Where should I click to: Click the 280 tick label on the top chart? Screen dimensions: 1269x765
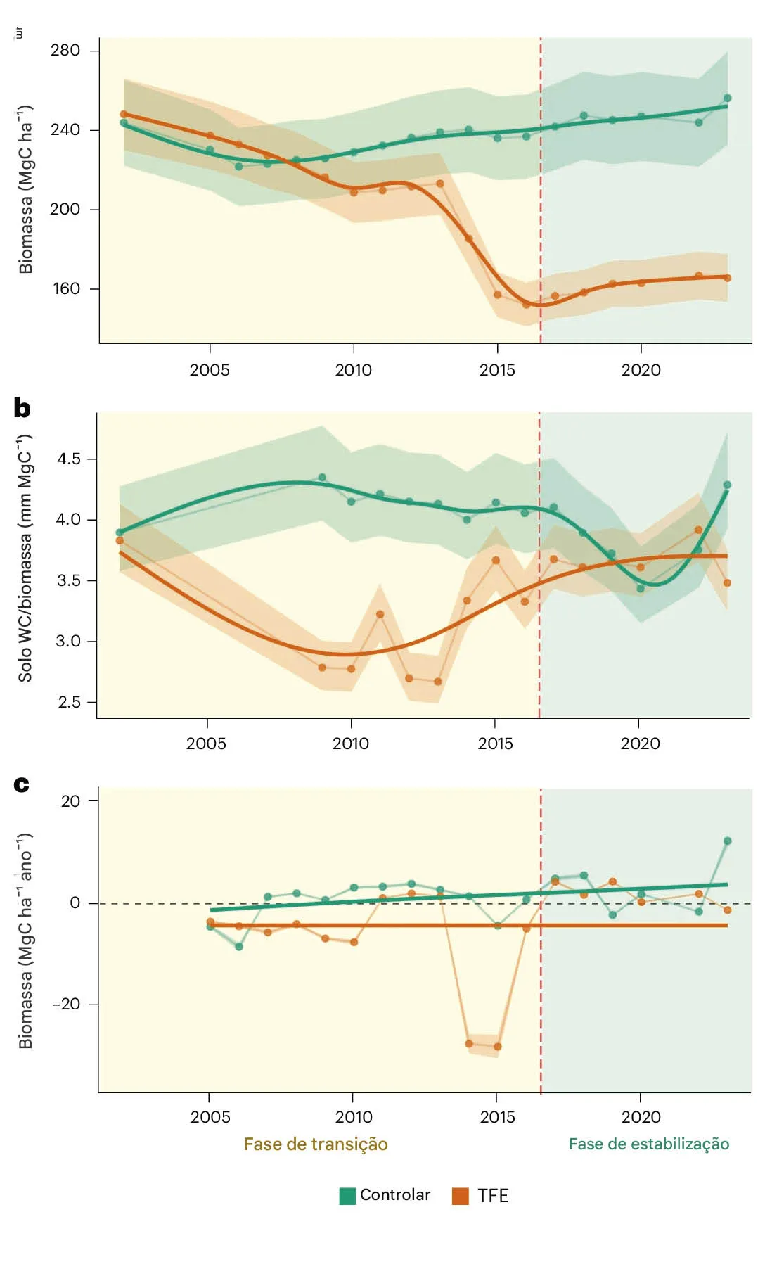[65, 50]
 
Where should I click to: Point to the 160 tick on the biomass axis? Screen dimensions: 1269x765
[67, 288]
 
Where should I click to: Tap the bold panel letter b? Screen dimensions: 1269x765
[22, 408]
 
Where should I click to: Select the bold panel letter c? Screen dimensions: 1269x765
[22, 784]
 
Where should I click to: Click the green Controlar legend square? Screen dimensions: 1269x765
[347, 1196]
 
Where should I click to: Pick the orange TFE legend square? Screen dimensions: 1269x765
[461, 1196]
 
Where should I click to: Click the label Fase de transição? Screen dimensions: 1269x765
[316, 1144]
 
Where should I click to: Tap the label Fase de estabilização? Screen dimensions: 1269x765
[648, 1144]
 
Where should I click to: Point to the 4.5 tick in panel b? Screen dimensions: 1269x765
[69, 459]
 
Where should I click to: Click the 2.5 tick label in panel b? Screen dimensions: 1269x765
[69, 702]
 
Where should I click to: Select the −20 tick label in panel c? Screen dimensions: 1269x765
[66, 1004]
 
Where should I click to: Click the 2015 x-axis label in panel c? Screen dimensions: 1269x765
[497, 1117]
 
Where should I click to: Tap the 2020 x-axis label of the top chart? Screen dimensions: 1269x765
[641, 370]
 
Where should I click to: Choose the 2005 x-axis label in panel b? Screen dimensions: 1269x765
[206, 744]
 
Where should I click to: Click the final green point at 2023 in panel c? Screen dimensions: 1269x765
[728, 841]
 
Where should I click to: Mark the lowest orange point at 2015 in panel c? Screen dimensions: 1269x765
[498, 1047]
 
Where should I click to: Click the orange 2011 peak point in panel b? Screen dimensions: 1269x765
[380, 614]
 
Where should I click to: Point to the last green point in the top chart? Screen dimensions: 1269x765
[728, 98]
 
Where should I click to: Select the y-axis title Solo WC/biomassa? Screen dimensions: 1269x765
[25, 559]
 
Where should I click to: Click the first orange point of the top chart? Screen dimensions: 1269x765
[124, 114]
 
